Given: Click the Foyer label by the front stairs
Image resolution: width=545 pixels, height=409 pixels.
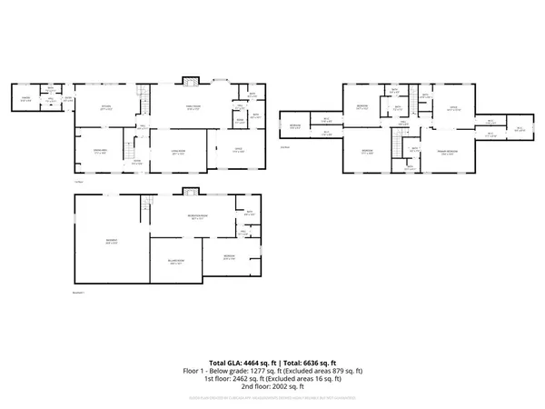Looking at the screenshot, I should coord(137,163).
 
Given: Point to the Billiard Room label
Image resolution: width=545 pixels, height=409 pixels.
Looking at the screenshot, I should coord(175,262).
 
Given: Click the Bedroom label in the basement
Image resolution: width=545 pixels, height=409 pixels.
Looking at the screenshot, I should coord(231,259).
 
